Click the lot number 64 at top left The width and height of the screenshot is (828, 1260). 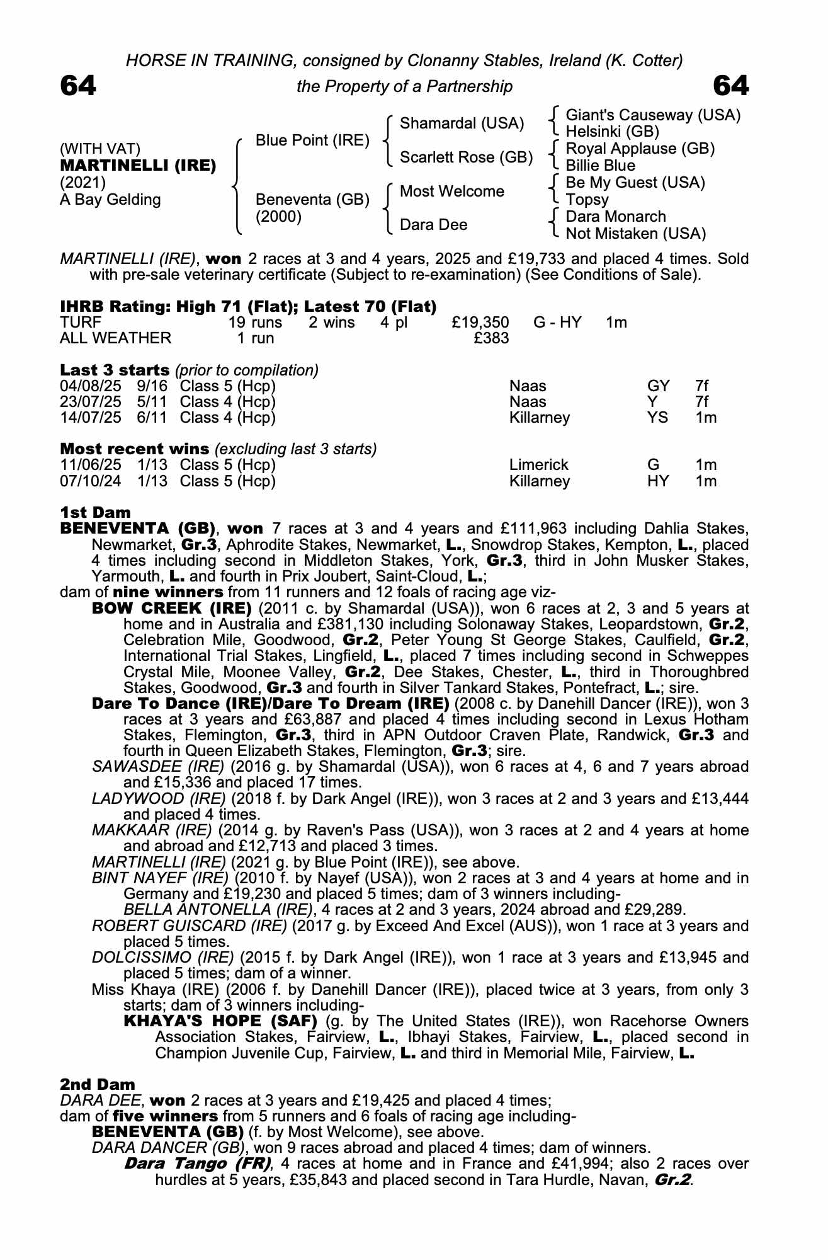coord(78,86)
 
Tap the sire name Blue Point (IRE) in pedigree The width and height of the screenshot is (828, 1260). coord(312,140)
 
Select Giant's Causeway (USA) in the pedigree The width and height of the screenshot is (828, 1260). coord(653,115)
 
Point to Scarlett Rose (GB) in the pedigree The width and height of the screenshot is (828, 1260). coord(466,157)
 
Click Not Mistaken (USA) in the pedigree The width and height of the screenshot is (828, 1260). coord(635,234)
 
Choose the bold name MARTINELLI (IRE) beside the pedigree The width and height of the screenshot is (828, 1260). coord(138,166)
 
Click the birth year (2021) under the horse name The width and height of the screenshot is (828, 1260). coord(82,183)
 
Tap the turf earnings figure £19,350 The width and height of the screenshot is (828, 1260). coord(480,323)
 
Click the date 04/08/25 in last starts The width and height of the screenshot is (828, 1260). coord(90,386)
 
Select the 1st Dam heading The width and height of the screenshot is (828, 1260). coord(95,512)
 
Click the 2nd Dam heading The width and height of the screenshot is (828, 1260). coord(97,1084)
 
